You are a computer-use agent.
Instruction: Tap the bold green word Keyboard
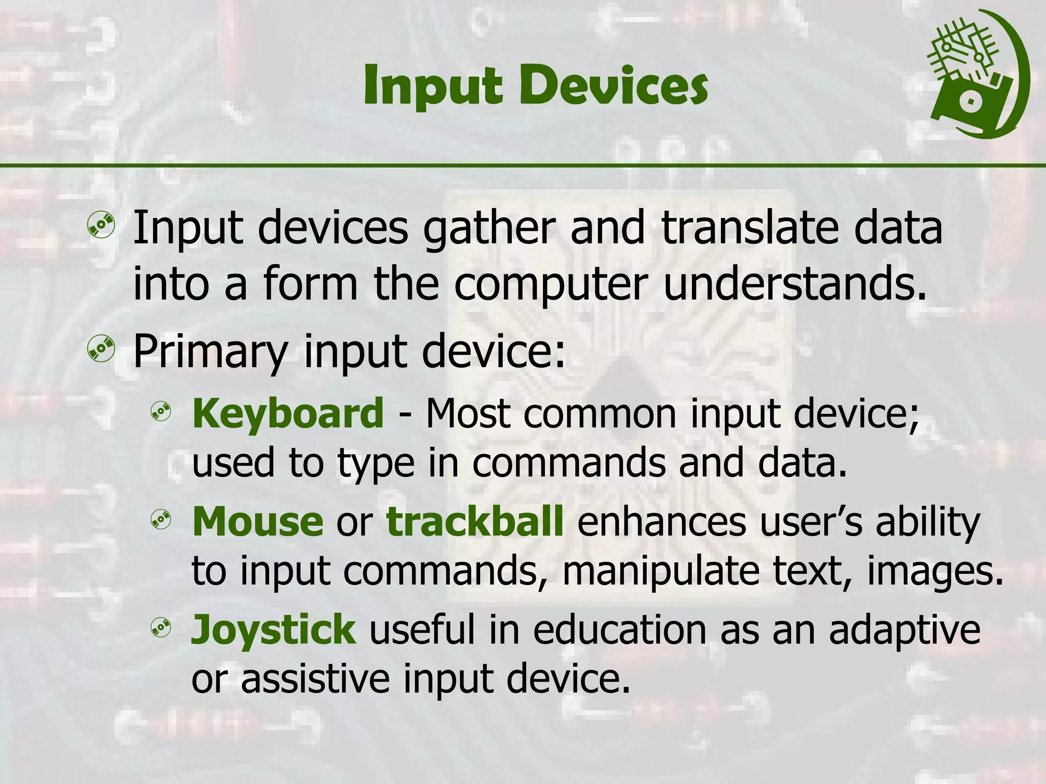(x=288, y=413)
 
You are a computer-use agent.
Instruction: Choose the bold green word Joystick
(x=273, y=630)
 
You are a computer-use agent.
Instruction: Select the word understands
(x=794, y=284)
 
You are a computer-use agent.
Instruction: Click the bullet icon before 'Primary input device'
(x=101, y=349)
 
